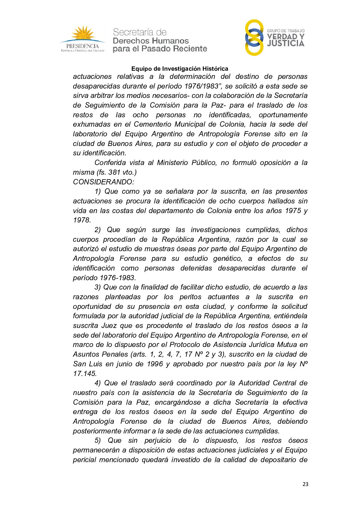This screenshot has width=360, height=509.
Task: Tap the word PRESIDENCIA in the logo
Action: pos(83,46)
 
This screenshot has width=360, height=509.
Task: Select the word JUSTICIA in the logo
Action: pos(285,44)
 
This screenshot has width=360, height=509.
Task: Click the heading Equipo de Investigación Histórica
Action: pos(180,69)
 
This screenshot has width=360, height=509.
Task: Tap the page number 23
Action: pos(305,484)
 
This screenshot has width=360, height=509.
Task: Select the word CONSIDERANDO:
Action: pos(103,182)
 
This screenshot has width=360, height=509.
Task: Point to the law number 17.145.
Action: pos(85,374)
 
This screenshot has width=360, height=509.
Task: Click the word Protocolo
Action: pos(185,345)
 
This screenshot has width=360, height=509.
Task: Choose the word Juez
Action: pos(109,326)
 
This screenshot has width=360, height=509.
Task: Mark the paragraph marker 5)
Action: pos(98,441)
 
